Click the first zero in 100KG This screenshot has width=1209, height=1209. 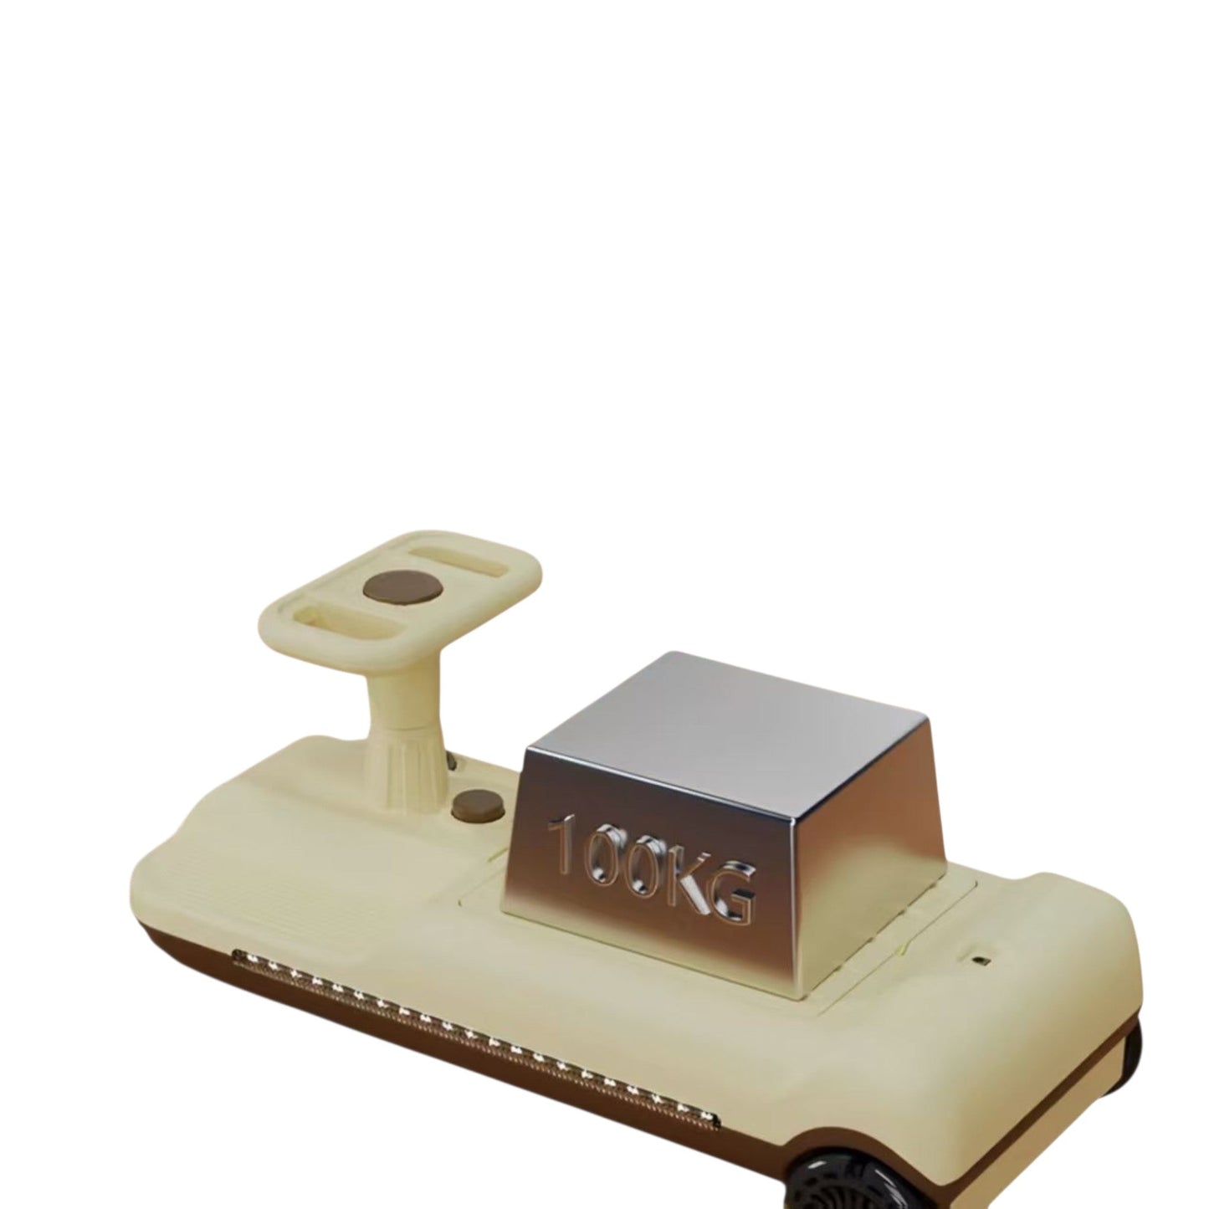[605, 854]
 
